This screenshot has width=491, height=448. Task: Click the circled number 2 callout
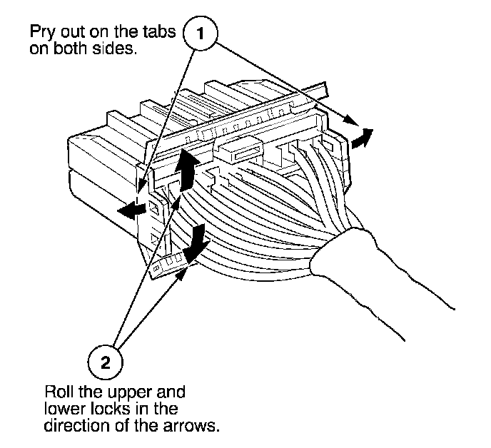(x=105, y=363)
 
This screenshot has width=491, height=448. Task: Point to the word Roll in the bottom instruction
(x=58, y=393)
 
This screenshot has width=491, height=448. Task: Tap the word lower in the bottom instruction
(x=60, y=410)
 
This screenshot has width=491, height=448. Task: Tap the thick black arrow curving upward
(x=188, y=168)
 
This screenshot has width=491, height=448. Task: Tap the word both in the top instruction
(x=70, y=51)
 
